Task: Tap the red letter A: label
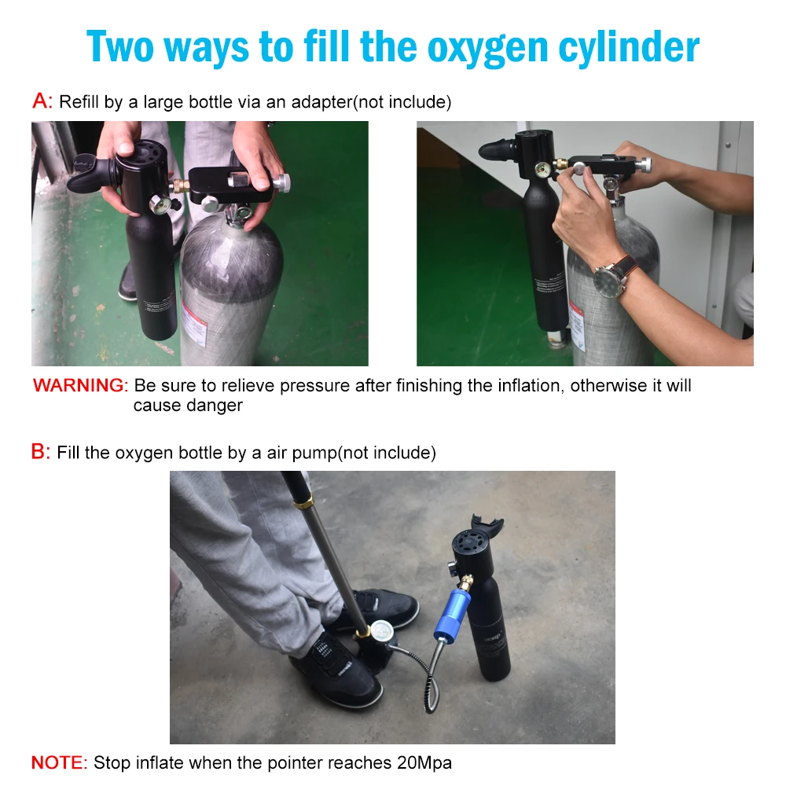click(42, 101)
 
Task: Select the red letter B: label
click(41, 451)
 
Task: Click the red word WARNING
click(81, 385)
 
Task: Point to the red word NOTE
click(59, 762)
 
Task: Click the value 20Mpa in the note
click(424, 763)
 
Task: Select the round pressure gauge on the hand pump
click(381, 630)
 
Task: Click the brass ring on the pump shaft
click(303, 501)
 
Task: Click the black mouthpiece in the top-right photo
click(498, 149)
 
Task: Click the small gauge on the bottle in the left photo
click(160, 204)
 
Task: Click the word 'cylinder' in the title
click(629, 48)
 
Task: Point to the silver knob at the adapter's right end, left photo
click(282, 182)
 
